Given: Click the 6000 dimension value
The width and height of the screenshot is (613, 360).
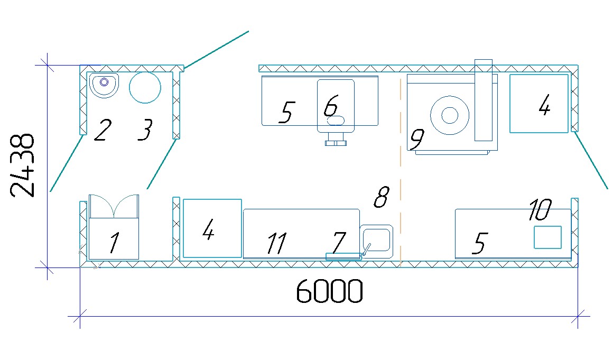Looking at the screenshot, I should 329,291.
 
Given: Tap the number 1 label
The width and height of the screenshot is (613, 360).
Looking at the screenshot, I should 114,243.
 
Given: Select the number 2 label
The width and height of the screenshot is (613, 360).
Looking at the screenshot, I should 102,130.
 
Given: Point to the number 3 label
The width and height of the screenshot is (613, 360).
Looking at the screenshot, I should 144,130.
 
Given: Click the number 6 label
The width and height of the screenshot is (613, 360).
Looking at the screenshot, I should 330,107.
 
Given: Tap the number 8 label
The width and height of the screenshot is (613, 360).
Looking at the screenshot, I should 381,197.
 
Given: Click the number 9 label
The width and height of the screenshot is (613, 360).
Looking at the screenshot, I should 417,140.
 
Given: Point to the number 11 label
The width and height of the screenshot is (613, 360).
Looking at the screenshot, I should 276,244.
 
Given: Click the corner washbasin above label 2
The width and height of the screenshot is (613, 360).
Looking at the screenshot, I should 104,85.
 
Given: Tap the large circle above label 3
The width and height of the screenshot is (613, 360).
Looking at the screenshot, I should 145,87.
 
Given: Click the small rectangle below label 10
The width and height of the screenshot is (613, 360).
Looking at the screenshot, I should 547,237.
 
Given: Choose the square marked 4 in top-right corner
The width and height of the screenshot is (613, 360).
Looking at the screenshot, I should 538,104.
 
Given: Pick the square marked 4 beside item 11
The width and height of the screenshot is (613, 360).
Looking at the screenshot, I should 212,228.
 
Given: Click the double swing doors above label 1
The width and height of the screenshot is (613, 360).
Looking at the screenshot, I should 114,206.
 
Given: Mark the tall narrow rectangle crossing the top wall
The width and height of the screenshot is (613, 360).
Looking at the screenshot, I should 483,100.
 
